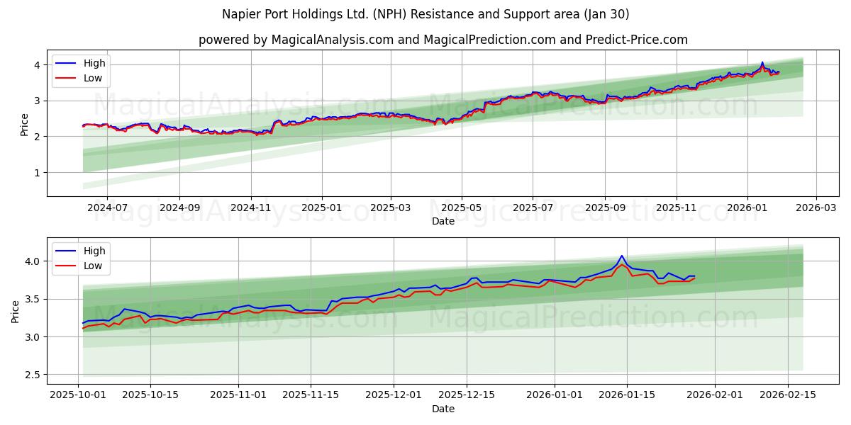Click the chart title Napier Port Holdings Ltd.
point(425,14)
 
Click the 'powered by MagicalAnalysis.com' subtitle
point(443,40)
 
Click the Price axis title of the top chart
point(24,124)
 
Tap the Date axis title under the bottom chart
point(443,409)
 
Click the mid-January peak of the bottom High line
point(622,256)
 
